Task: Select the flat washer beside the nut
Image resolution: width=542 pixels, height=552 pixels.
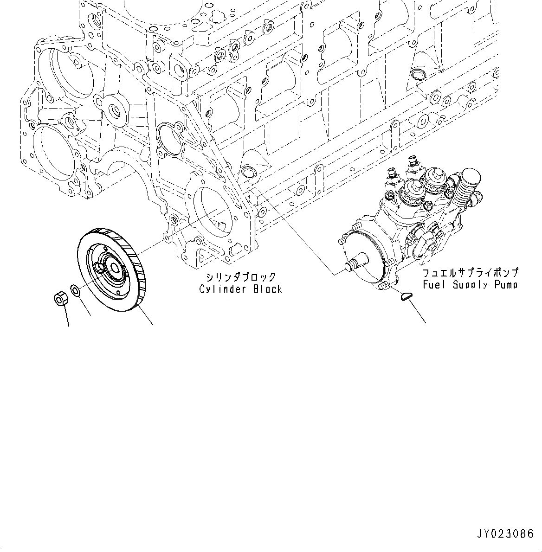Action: pyautogui.click(x=75, y=291)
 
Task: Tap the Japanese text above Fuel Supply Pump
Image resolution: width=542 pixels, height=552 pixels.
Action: pyautogui.click(x=470, y=273)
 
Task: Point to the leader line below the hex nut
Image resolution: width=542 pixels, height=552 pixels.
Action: pyautogui.click(x=68, y=318)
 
